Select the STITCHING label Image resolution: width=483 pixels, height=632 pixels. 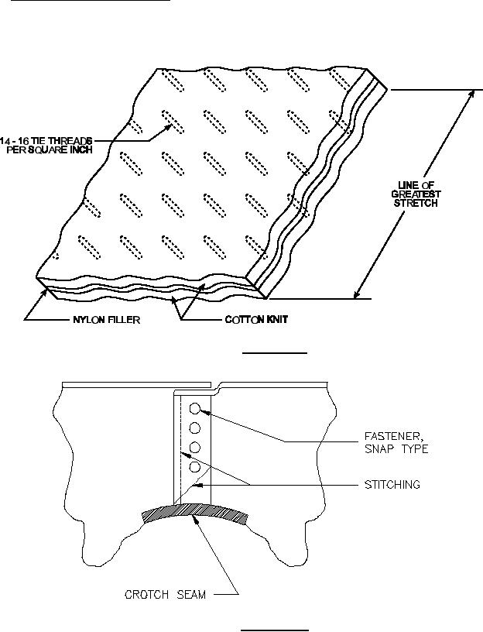(391, 485)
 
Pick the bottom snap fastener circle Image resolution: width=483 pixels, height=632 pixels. (195, 468)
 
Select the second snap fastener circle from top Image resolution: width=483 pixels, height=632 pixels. (195, 428)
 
